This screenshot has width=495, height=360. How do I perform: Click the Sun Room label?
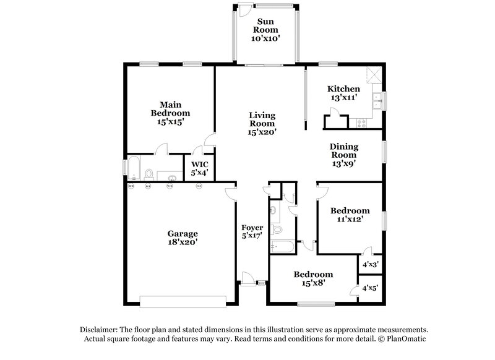click(x=266, y=30)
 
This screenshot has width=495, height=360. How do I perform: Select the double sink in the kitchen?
click(x=377, y=101)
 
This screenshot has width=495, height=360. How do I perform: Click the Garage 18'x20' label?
click(x=183, y=238)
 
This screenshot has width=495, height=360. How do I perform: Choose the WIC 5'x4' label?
click(x=199, y=169)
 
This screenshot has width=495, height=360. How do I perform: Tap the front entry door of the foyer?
click(x=249, y=279)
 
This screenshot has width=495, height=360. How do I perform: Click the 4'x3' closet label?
click(x=370, y=264)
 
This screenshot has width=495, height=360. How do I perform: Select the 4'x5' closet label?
click(x=370, y=288)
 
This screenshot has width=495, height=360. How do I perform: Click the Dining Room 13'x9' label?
click(x=344, y=152)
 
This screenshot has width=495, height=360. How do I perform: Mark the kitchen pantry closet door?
click(x=334, y=113)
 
